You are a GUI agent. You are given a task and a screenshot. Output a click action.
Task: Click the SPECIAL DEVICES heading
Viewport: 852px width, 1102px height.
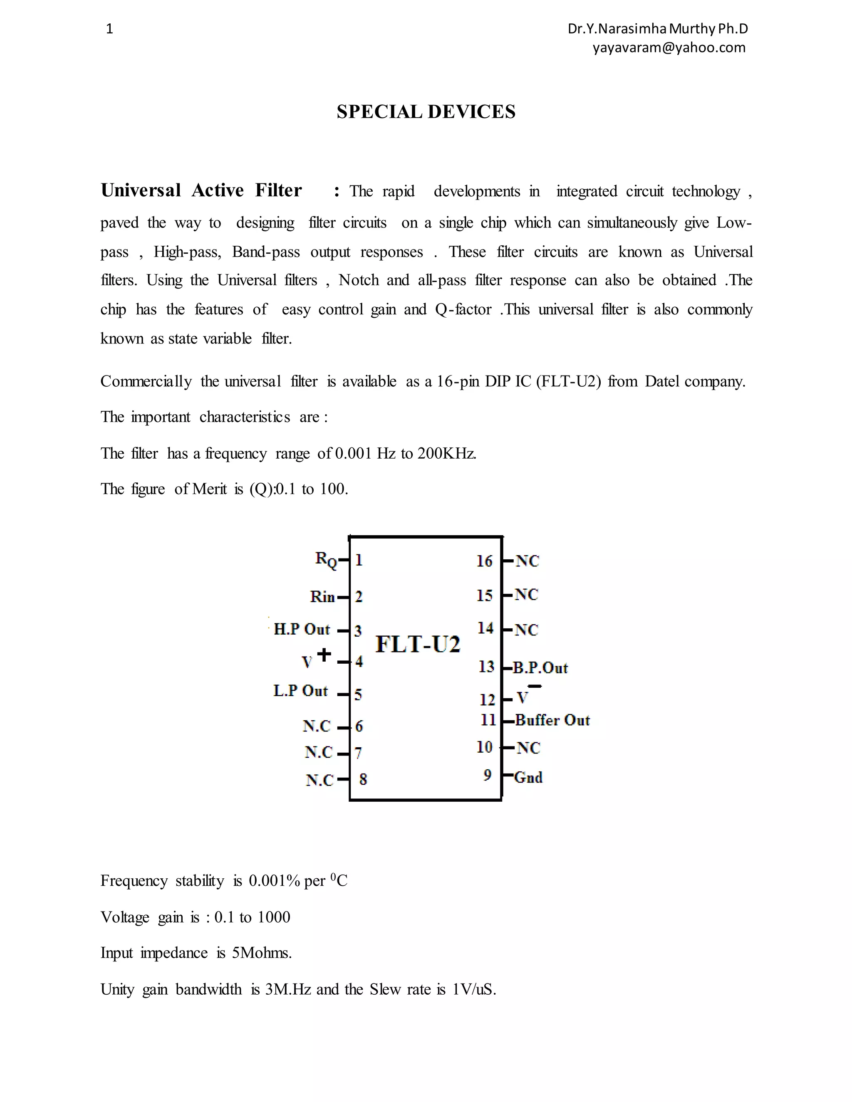[x=426, y=112]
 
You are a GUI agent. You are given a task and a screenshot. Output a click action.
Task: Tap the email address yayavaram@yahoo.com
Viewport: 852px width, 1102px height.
[x=669, y=47]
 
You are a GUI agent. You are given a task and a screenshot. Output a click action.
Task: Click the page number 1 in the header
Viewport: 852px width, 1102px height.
[x=109, y=29]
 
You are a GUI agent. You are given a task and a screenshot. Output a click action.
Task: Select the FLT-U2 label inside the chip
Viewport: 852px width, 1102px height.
[x=418, y=644]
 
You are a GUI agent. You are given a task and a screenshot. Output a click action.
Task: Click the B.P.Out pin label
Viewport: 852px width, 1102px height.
[x=540, y=668]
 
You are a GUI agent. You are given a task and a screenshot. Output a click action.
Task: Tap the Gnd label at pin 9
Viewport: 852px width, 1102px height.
[x=528, y=777]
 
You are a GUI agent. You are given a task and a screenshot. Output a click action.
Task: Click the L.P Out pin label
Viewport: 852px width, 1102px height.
[x=301, y=691]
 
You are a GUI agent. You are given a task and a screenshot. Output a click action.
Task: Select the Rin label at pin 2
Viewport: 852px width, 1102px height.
[x=322, y=597]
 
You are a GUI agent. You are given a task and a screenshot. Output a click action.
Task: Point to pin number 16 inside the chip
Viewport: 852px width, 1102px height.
[x=484, y=561]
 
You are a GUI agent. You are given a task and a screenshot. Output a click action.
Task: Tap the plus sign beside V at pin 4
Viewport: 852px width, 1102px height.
[x=324, y=655]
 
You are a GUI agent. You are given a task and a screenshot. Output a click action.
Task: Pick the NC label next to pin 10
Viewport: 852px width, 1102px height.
[x=528, y=748]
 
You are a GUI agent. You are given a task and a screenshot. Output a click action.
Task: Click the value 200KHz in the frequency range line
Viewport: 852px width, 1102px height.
[x=446, y=454]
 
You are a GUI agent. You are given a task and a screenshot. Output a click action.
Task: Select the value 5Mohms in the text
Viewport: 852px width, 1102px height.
[x=261, y=953]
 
